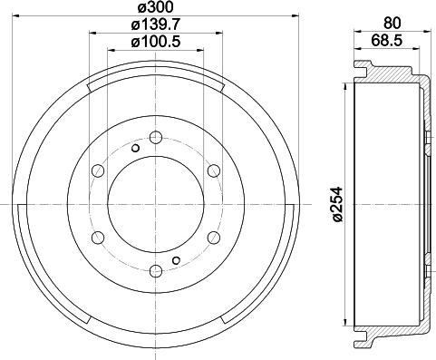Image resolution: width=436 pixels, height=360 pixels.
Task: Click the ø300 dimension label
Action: pos(155,9)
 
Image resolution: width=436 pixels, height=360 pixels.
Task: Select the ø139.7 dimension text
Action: pos(155,26)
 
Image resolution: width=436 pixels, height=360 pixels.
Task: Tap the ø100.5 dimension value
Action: pos(155,43)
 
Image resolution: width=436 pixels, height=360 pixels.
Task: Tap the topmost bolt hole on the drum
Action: pos(155,138)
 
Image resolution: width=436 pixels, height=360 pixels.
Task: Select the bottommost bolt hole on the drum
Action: pos(155,269)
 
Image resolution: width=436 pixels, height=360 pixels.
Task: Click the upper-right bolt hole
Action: pos(212,170)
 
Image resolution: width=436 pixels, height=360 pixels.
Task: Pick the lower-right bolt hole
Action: pos(212,237)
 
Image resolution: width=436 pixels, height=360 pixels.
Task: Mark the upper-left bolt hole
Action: pos(98,170)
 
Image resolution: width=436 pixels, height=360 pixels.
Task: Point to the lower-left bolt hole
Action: pos(98,237)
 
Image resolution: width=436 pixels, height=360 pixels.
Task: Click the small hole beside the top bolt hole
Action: pos(135,148)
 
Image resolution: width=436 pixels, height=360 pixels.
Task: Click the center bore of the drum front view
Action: pos(155,203)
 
